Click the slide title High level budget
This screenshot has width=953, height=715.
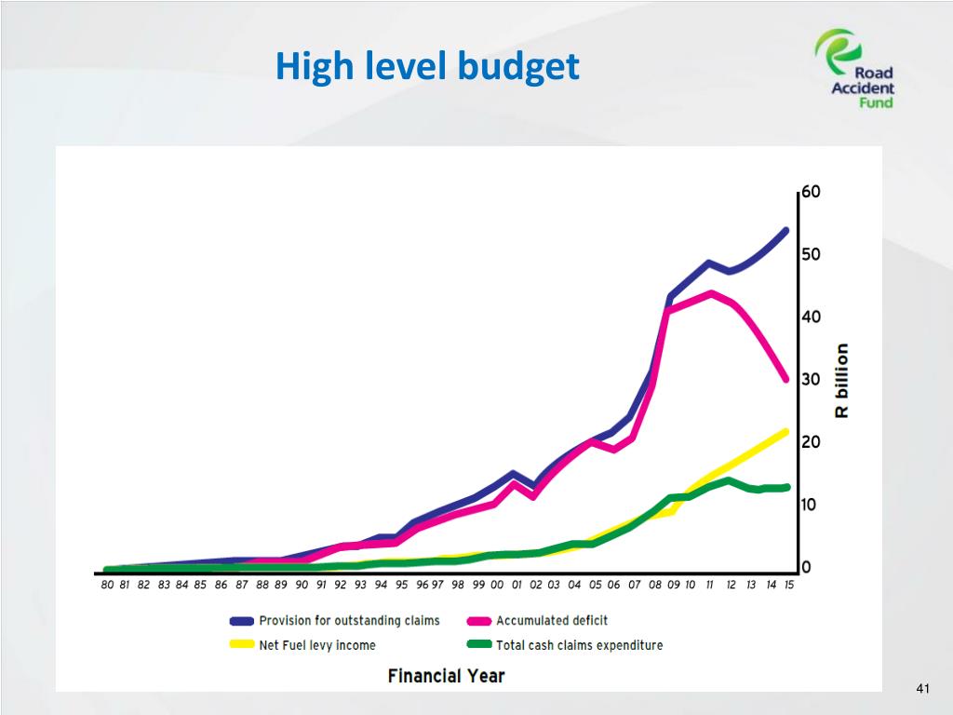coord(427,67)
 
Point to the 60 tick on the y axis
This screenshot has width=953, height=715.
coord(811,192)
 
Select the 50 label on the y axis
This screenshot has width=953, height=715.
coord(811,254)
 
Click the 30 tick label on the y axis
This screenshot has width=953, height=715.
coord(811,380)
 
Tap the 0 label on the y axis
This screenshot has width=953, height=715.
coord(806,567)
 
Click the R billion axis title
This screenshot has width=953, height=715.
coord(841,380)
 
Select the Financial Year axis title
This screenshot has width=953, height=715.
coord(446,675)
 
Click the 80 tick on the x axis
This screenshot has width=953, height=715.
coord(107,586)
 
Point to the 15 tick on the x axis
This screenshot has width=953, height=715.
coord(788,586)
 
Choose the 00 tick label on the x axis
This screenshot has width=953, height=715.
coord(497,586)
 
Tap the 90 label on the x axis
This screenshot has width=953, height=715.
coord(302,586)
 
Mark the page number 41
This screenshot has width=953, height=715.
coord(922,689)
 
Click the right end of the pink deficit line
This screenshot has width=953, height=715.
coord(786,379)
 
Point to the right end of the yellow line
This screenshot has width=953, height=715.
coord(786,431)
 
